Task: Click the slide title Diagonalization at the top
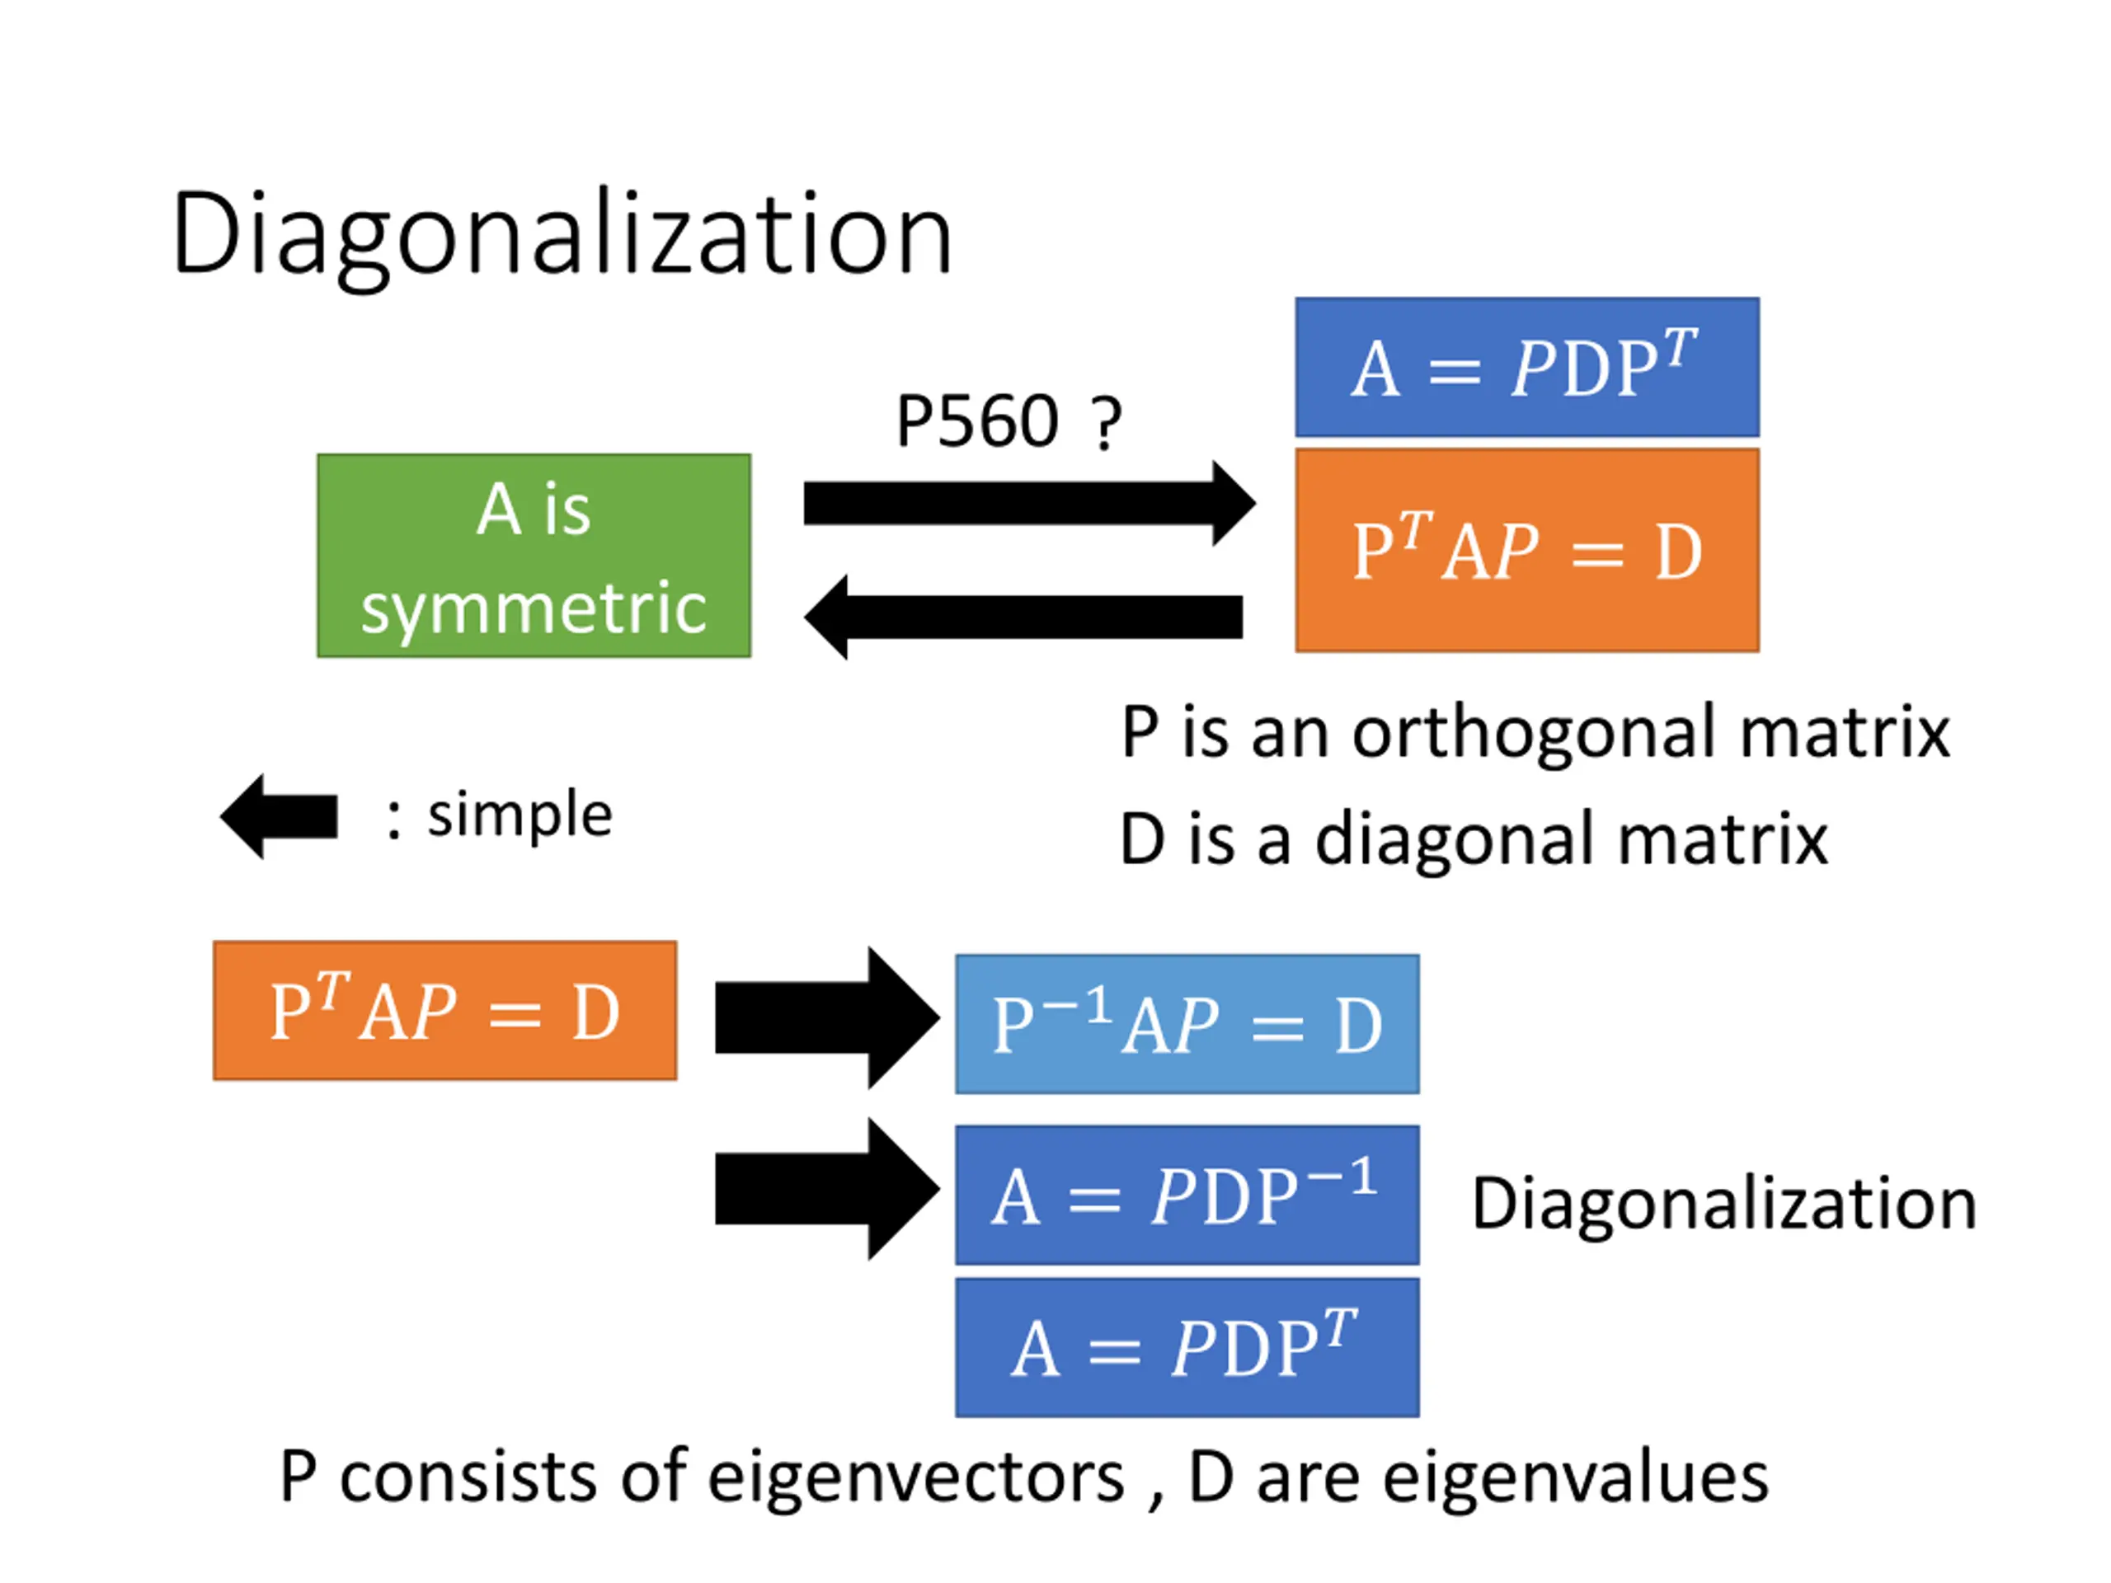click(562, 236)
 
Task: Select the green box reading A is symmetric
click(534, 556)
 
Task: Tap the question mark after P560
click(1106, 423)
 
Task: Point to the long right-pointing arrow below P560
click(1030, 504)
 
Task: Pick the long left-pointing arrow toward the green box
click(1023, 617)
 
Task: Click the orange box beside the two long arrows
click(1527, 551)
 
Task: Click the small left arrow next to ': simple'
click(279, 817)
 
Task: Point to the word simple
click(520, 816)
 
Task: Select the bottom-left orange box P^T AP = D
click(445, 1012)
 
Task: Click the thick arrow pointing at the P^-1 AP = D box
click(827, 1018)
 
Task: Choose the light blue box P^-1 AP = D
click(1187, 1024)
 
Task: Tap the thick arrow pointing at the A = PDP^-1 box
click(827, 1189)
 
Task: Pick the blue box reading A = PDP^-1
click(1187, 1195)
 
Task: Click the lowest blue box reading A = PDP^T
click(1187, 1347)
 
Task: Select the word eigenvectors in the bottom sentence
click(916, 1480)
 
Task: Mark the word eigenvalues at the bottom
click(1576, 1480)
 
